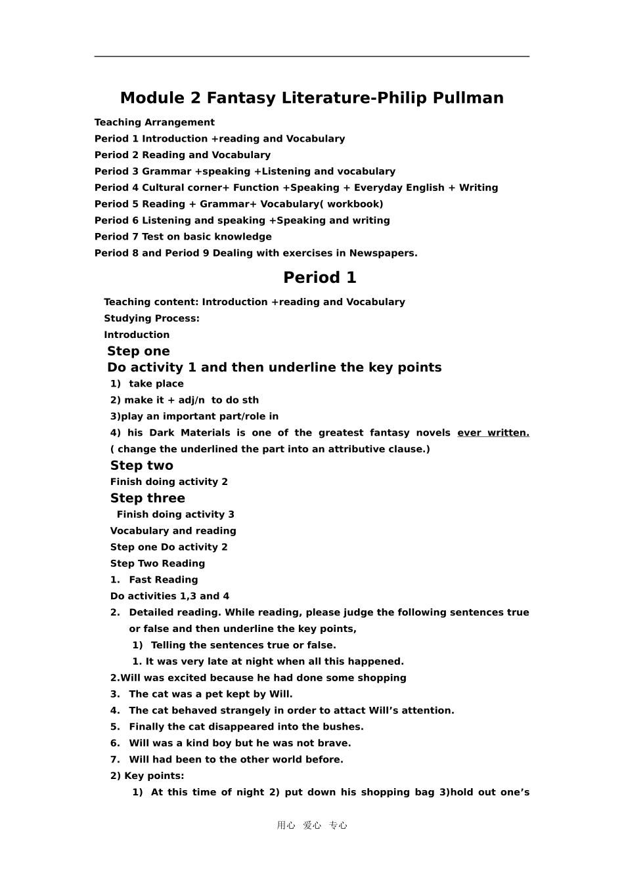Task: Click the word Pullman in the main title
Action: tap(467, 98)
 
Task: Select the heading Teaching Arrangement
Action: tap(154, 123)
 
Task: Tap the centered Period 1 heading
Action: tap(319, 278)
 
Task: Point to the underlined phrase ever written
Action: tap(493, 433)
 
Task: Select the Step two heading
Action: tap(141, 466)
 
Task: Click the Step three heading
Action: tap(147, 499)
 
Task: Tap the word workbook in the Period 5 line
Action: tap(355, 204)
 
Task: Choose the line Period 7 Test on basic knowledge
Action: tap(183, 237)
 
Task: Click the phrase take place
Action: tap(156, 384)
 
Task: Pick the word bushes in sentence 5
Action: tap(343, 727)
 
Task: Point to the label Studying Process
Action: tap(151, 319)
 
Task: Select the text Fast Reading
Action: tap(163, 580)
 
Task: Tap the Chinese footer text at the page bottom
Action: tap(312, 826)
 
